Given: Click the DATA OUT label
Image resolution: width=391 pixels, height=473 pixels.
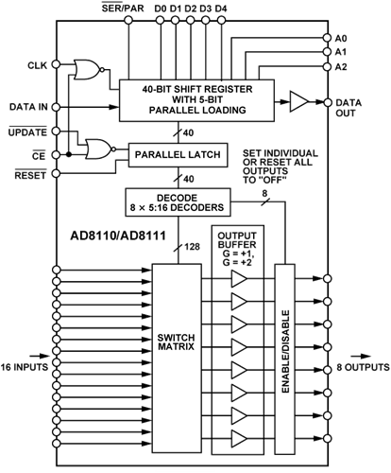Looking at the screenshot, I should pos(353,102).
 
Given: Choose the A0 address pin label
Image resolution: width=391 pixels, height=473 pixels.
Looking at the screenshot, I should pos(341,38).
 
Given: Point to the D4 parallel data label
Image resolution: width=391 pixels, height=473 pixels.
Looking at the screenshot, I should pos(220,9).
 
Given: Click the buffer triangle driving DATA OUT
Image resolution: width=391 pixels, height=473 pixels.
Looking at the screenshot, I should pos(298,100).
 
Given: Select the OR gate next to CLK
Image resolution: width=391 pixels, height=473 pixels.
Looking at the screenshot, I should pos(88,69).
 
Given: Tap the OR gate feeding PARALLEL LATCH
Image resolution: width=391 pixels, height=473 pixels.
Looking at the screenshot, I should pos(96,149).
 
